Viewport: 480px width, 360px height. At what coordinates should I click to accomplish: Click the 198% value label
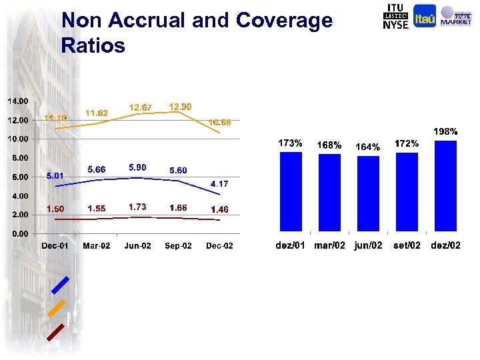pos(445,131)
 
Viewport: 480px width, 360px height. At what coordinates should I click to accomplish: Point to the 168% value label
pos(329,145)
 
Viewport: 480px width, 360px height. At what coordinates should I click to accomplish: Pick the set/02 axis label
pos(407,245)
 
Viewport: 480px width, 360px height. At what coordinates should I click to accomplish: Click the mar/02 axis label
pos(329,245)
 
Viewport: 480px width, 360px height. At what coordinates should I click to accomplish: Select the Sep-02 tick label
pos(179,246)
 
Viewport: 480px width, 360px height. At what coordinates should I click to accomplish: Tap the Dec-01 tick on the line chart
pos(55,246)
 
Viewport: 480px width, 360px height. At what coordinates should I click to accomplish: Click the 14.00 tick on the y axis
pos(18,101)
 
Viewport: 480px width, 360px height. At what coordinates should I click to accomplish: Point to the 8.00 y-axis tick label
pos(20,158)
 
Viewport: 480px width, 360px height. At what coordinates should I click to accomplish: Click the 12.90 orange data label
pos(180,107)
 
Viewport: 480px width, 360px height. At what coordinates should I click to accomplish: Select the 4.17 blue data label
pos(220,183)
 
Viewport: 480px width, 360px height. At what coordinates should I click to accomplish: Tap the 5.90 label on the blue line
pos(138,167)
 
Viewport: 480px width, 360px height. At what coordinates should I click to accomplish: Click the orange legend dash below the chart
pos(57,307)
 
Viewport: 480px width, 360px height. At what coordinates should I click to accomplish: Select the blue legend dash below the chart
pos(60,285)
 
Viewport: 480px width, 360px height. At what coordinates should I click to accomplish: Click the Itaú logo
pos(425,17)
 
